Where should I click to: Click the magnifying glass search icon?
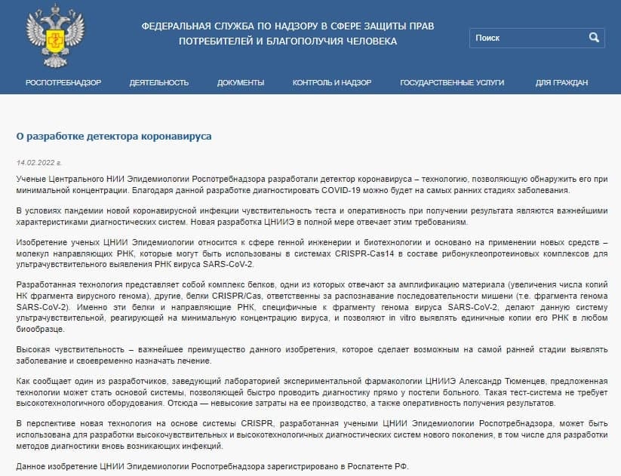point(594,37)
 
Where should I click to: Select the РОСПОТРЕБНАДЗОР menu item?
point(63,82)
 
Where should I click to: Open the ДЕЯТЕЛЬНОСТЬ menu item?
point(159,82)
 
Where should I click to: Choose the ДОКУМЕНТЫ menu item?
point(241,82)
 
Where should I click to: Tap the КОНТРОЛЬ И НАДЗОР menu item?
point(332,82)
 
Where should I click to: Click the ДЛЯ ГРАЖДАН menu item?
point(562,82)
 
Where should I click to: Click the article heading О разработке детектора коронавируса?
point(114,137)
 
